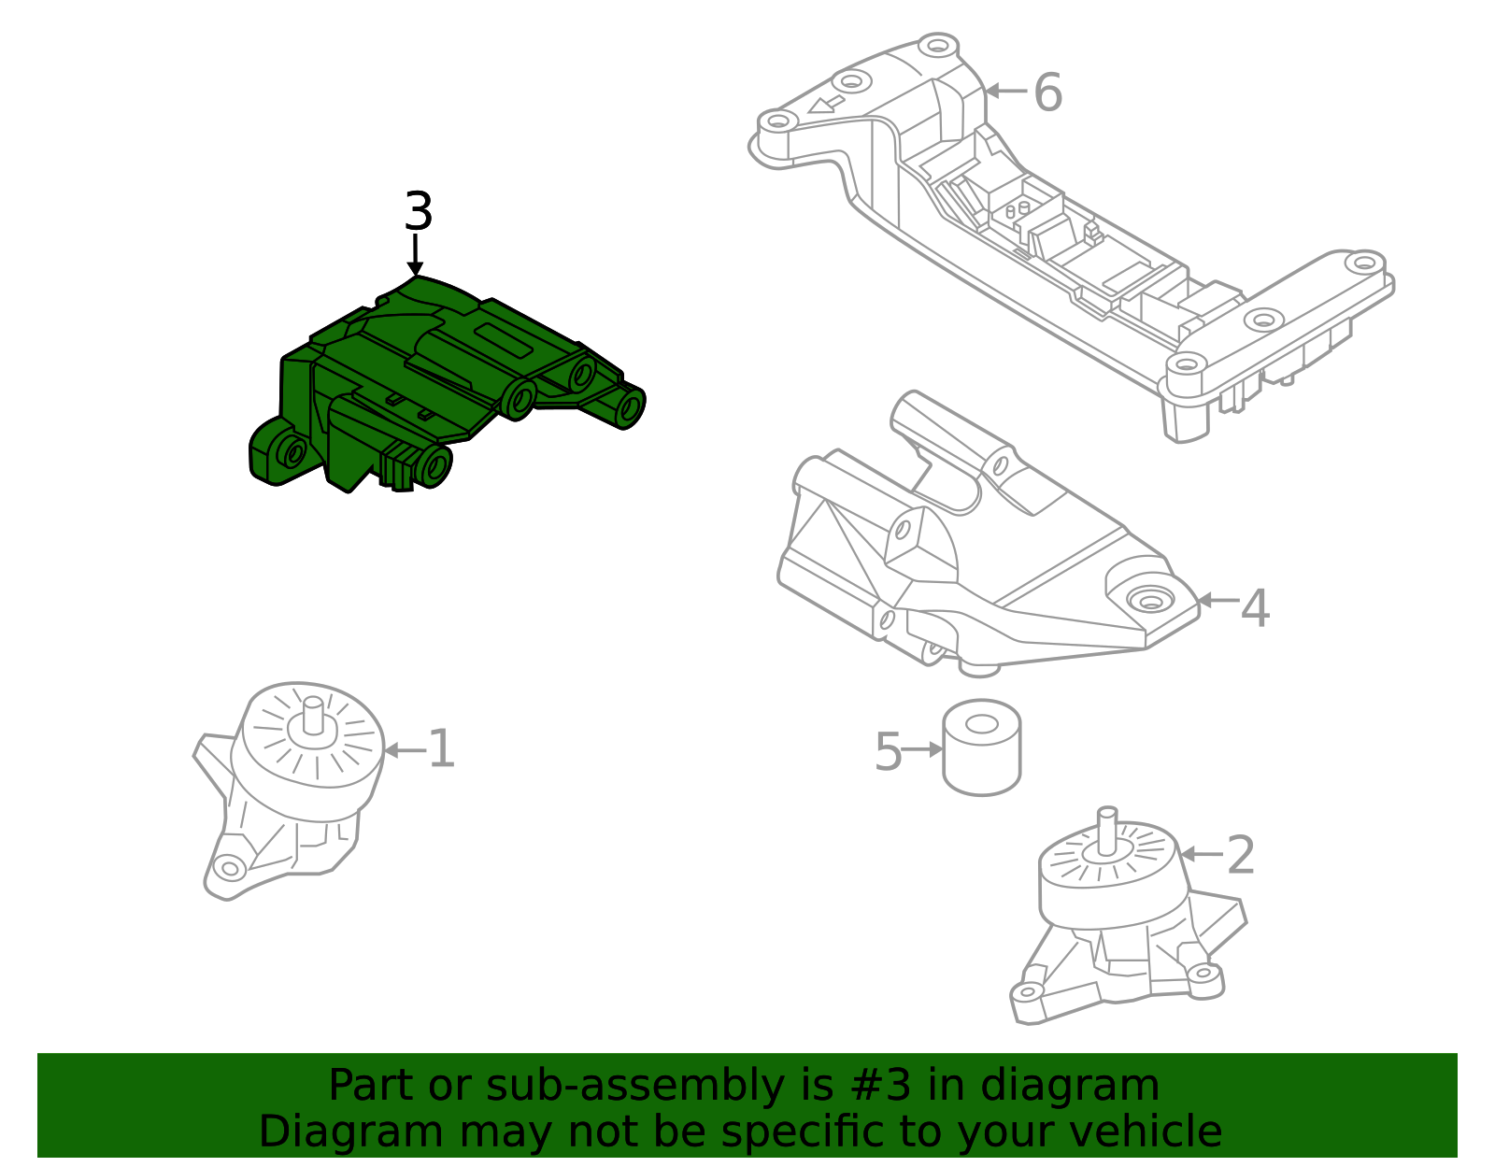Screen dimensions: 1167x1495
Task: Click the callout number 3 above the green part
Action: pos(418,212)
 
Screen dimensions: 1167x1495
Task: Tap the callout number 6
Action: pos(1047,93)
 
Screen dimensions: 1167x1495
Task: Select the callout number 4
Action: pos(1254,608)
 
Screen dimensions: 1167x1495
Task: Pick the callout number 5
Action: pos(888,751)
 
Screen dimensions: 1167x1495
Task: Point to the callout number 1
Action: pos(440,749)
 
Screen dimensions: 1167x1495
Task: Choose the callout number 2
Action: pos(1240,855)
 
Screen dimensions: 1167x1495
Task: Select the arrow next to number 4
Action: pos(1217,601)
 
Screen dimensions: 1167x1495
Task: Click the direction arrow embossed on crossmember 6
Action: pos(826,103)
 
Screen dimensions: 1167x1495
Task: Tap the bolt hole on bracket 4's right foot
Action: pos(1148,600)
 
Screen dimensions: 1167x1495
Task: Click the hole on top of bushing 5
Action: pos(981,723)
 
